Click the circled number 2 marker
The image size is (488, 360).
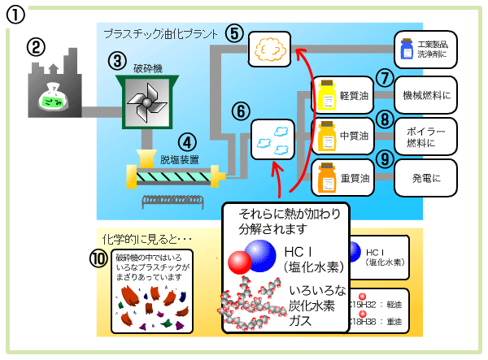coord(34,47)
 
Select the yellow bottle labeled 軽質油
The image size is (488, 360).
coord(328,96)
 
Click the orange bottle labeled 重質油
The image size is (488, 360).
coord(327,176)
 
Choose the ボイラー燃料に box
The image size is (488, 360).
coord(427,136)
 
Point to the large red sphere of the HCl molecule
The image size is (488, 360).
coord(239,263)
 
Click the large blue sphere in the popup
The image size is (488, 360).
coord(263,256)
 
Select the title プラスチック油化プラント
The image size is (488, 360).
coord(161,35)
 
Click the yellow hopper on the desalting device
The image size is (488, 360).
coord(146,156)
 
